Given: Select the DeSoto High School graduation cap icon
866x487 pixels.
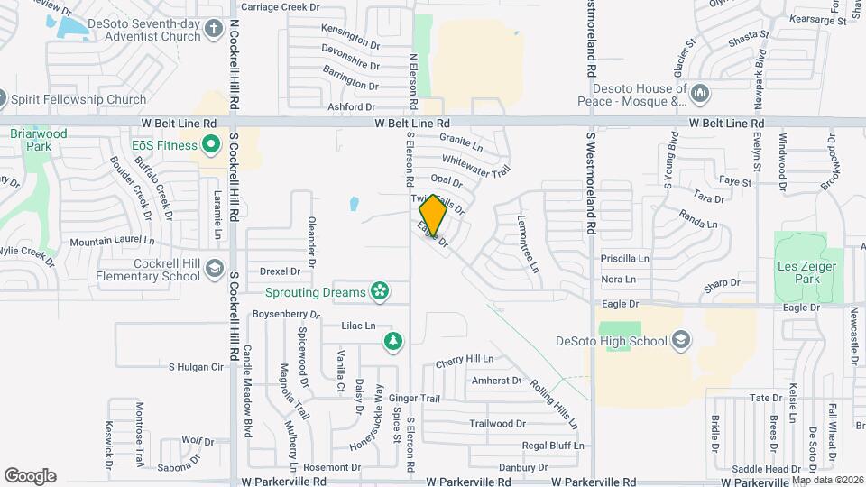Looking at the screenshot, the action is point(681,340).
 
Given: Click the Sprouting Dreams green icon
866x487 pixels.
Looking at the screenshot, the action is point(380,291).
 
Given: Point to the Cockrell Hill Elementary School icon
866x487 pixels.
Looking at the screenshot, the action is point(215,268).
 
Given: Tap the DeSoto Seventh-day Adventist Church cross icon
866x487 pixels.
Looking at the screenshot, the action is point(213,30).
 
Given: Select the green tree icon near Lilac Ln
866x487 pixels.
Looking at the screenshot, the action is point(392,340).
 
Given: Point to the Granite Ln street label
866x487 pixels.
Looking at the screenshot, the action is point(461,140).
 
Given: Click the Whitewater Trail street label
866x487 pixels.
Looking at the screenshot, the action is point(476,163).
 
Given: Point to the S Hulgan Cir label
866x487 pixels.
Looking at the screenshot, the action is point(196,367).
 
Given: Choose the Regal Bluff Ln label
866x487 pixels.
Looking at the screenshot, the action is point(554,446).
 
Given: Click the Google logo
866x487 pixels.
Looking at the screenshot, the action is point(30,476).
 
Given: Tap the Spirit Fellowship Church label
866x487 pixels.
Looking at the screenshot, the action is point(78,99).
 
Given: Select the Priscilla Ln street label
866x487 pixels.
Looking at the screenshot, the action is point(625,258).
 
